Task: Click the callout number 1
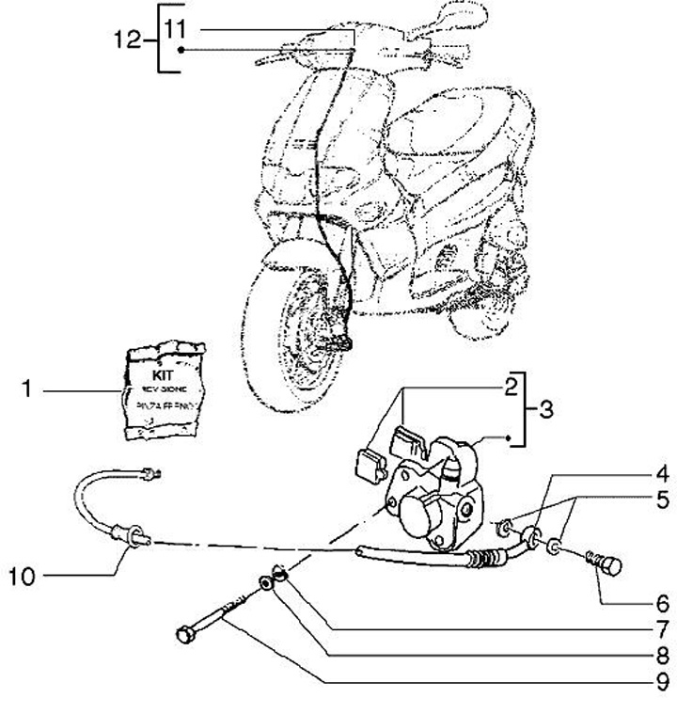pos(28,388)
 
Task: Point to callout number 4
pos(662,472)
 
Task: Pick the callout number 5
pos(662,499)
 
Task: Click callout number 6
pos(662,603)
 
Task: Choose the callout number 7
pos(662,628)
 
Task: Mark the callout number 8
pos(662,655)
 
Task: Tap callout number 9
pos(662,680)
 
